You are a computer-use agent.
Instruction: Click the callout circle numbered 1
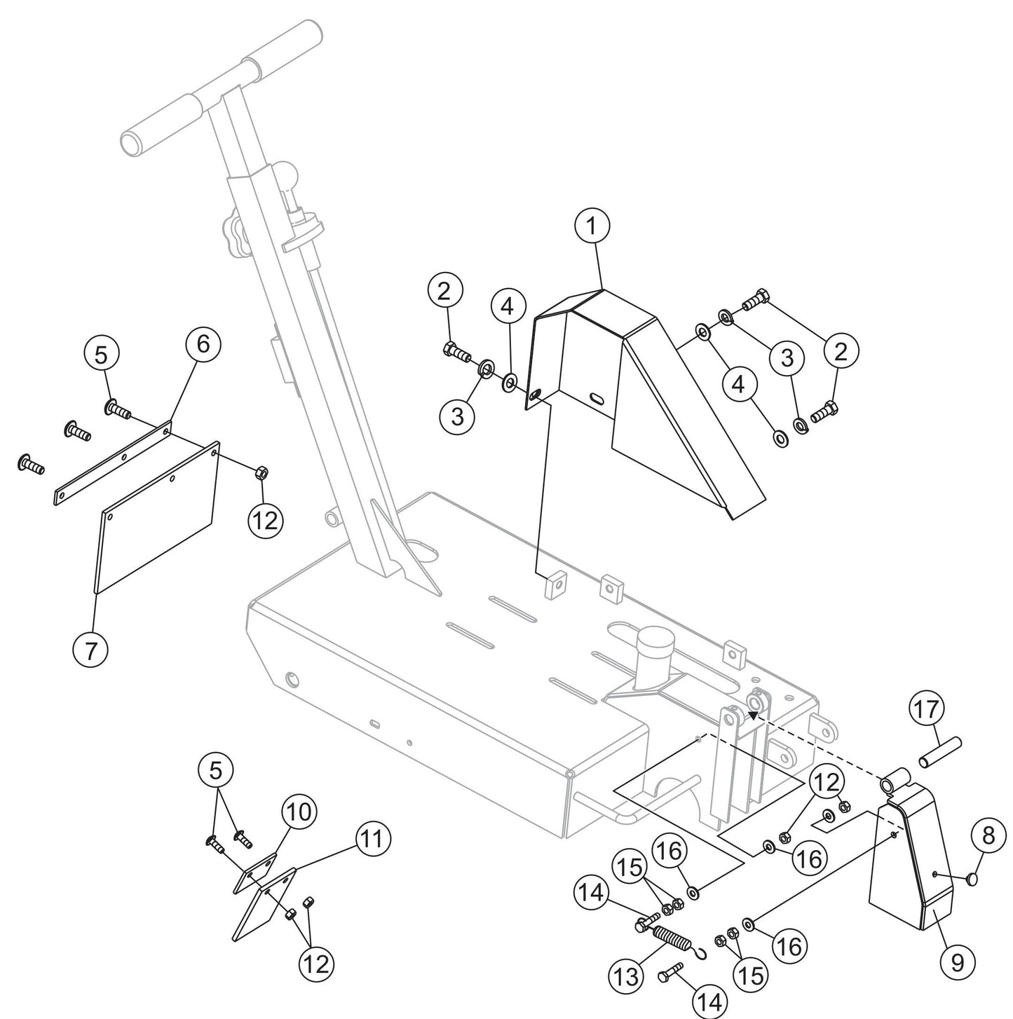click(592, 226)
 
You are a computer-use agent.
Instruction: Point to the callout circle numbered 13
click(626, 976)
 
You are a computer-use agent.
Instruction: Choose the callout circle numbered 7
click(91, 650)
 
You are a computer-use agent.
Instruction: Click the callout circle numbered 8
click(988, 835)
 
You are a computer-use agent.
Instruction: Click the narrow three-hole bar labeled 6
click(112, 462)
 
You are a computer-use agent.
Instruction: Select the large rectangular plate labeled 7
click(158, 517)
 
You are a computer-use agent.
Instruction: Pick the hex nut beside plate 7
click(257, 472)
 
